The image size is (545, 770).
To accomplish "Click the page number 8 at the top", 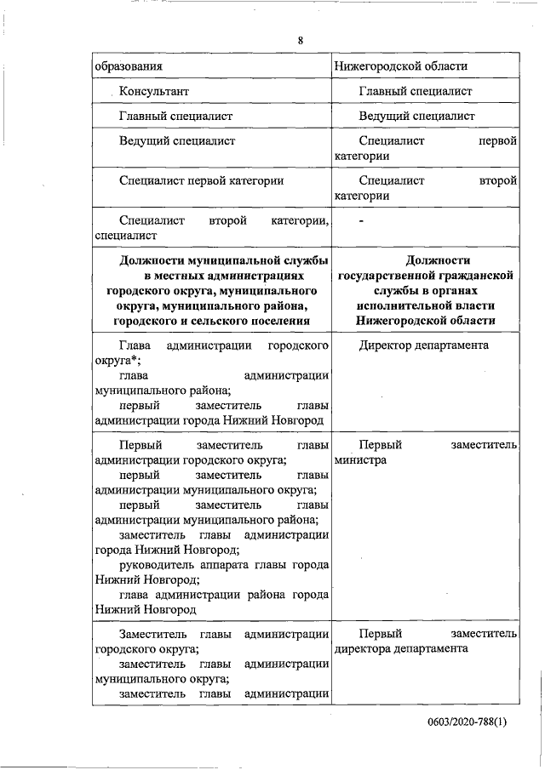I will click(x=301, y=40).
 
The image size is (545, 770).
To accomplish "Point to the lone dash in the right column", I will click(x=362, y=221).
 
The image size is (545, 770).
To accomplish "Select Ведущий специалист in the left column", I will click(x=177, y=140).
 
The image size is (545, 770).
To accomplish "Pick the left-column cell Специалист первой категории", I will click(x=201, y=180).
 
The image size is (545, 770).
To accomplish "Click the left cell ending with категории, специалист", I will click(x=212, y=228).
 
